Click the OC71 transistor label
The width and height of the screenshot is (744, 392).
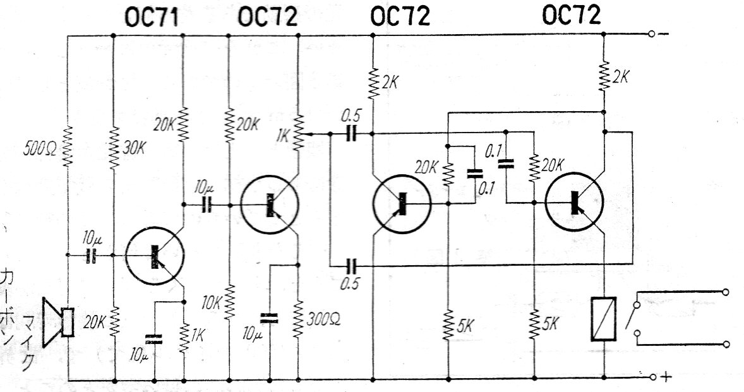pyautogui.click(x=152, y=18)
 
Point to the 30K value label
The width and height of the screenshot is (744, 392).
pyautogui.click(x=134, y=148)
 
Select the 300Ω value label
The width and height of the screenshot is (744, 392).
pyautogui.click(x=323, y=319)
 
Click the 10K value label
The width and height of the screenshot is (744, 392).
pyautogui.click(x=210, y=303)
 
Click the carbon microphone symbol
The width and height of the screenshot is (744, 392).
pyautogui.click(x=58, y=323)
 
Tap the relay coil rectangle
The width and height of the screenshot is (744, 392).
pyautogui.click(x=604, y=319)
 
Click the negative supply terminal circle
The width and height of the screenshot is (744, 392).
pyautogui.click(x=652, y=34)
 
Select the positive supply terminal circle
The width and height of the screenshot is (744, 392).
pyautogui.click(x=652, y=377)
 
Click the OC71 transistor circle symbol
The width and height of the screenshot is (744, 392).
pyautogui.click(x=155, y=256)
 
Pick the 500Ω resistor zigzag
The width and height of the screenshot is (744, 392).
pyautogui.click(x=68, y=146)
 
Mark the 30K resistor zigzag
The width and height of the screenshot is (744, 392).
pyautogui.click(x=114, y=148)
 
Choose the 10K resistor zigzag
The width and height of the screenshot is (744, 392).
pyautogui.click(x=229, y=302)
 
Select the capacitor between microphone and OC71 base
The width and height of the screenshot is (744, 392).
pyautogui.click(x=90, y=256)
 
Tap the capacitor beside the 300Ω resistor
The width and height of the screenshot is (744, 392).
pyautogui.click(x=270, y=318)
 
